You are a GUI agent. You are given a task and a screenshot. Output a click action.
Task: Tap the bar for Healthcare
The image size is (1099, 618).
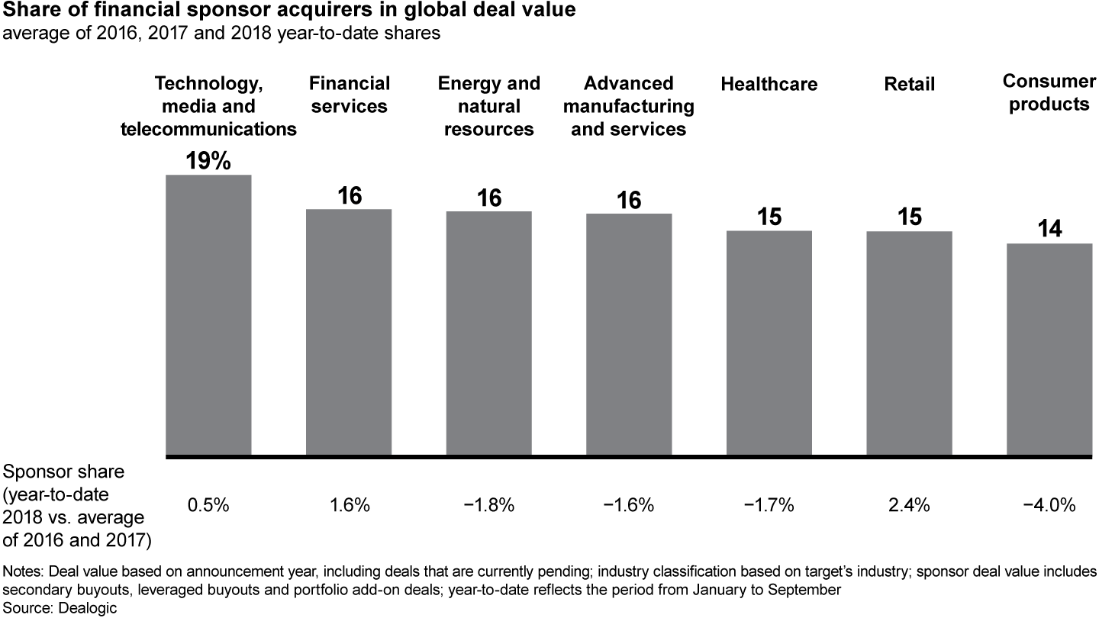(x=769, y=343)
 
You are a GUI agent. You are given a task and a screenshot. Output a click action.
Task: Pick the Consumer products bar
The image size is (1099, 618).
(x=1049, y=349)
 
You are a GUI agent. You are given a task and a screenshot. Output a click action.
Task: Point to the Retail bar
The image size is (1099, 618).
(x=909, y=343)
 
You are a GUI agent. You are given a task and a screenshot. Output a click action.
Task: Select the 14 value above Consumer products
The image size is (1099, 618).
(x=1050, y=229)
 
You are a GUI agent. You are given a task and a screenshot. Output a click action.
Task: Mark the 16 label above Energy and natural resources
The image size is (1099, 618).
(x=489, y=198)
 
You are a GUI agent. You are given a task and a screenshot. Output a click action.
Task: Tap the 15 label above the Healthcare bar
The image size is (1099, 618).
(x=769, y=217)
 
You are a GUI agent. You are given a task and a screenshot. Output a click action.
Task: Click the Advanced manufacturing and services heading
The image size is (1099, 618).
(x=629, y=106)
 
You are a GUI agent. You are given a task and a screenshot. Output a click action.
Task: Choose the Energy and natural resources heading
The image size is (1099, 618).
(x=489, y=106)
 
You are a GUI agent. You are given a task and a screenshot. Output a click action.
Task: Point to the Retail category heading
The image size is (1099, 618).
(x=909, y=84)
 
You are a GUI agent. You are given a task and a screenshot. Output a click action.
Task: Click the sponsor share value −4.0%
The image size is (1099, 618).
(x=1050, y=505)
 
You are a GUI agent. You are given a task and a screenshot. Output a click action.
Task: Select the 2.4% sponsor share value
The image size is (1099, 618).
(x=909, y=505)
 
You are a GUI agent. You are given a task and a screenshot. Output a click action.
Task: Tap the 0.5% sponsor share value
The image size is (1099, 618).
(x=208, y=505)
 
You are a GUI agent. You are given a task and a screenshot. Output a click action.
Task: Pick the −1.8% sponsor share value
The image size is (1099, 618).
(x=489, y=505)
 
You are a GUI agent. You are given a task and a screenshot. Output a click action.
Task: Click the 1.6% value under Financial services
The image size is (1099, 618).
(x=349, y=505)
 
